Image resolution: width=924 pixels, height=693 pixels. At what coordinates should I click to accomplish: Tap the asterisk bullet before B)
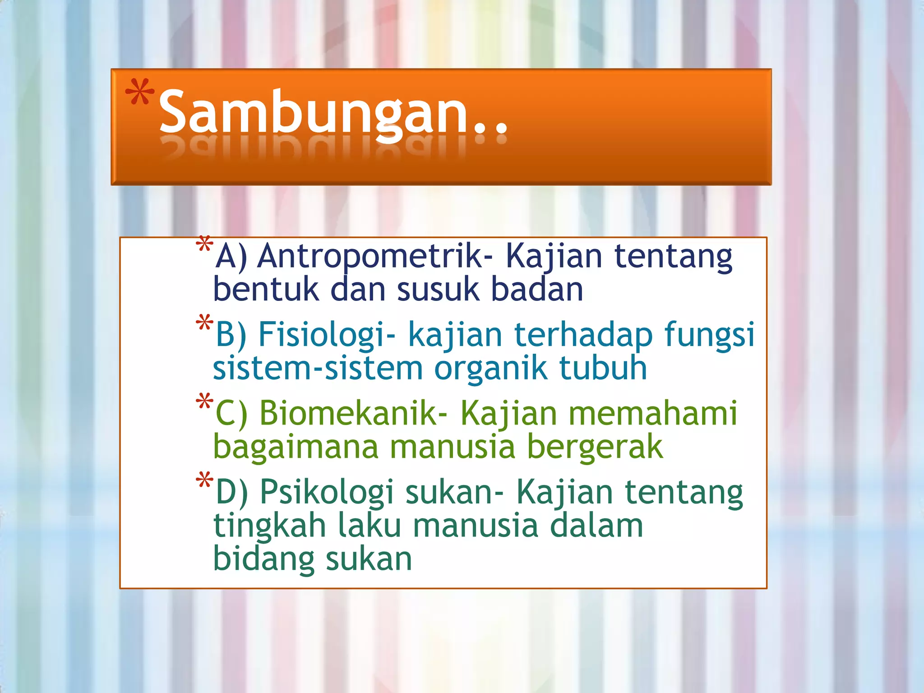(x=204, y=323)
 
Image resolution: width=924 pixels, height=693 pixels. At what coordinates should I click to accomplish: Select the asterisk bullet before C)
(x=204, y=402)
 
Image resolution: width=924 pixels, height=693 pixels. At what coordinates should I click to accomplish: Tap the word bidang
(x=263, y=559)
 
